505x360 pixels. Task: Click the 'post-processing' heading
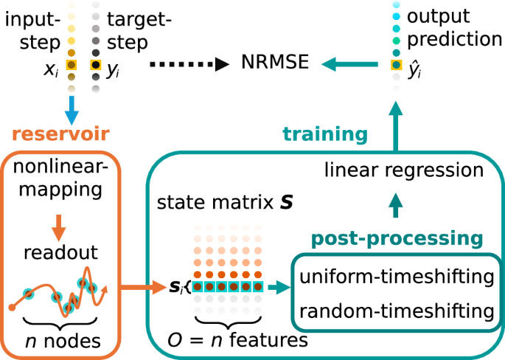(x=397, y=238)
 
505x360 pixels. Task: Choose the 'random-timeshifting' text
(x=397, y=311)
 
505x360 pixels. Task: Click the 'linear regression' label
(x=404, y=170)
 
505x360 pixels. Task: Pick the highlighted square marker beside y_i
(x=95, y=66)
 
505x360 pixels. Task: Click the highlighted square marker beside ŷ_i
(x=396, y=66)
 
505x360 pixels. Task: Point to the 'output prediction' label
(x=448, y=26)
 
